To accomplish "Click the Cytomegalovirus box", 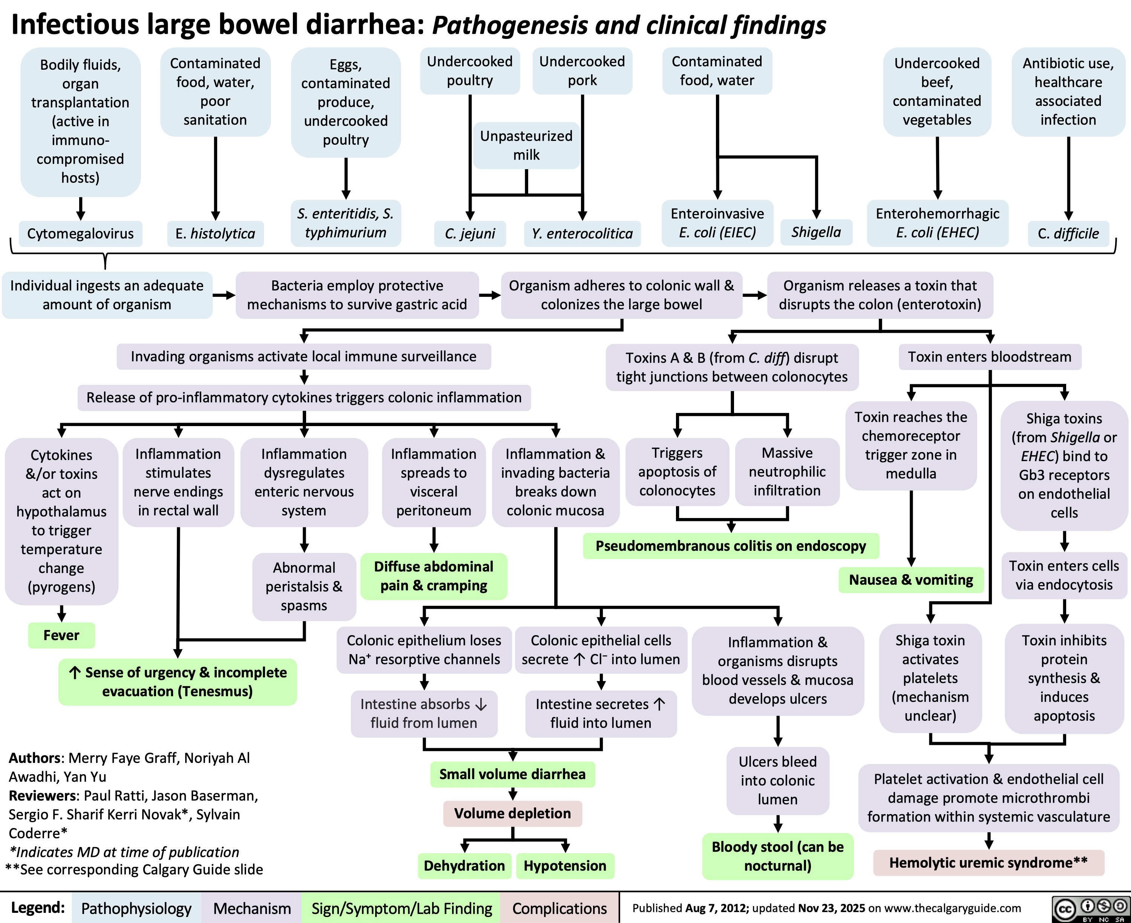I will coord(80,234).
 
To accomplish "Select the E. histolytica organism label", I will coord(215,234).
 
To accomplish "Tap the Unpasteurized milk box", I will coord(526,145).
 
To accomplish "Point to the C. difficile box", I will coord(1068,234).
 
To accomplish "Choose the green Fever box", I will coord(61,635).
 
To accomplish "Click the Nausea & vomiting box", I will coord(911,579).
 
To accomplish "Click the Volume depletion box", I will coord(512,813).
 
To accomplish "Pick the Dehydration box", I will coord(464,866).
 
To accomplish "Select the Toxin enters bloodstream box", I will coord(990,356).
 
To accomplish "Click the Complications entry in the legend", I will coord(559,909).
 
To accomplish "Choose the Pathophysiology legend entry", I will coord(136,909).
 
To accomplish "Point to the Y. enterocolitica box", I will coord(582,234).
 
